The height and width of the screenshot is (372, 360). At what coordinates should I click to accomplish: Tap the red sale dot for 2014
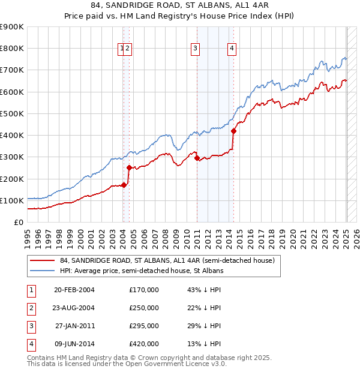pos(234,131)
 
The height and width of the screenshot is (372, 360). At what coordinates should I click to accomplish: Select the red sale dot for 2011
pos(197,158)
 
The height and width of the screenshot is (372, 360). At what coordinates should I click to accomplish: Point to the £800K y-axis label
pos(11,49)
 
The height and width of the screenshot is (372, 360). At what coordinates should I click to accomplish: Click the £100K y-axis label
pos(11,200)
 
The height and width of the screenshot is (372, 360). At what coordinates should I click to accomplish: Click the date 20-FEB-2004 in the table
pos(74,290)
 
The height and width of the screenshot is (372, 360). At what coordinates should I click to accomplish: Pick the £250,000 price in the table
pos(143,308)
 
